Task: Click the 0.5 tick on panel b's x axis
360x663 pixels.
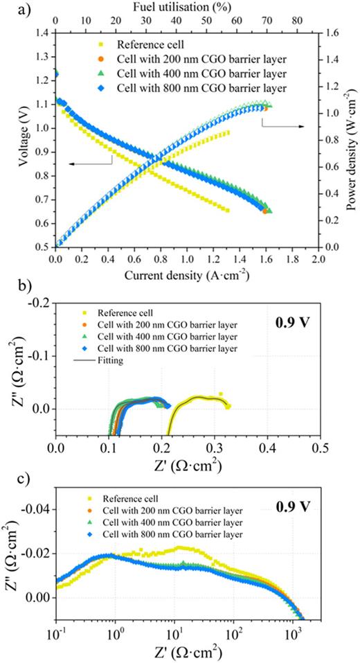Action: tap(319, 450)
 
